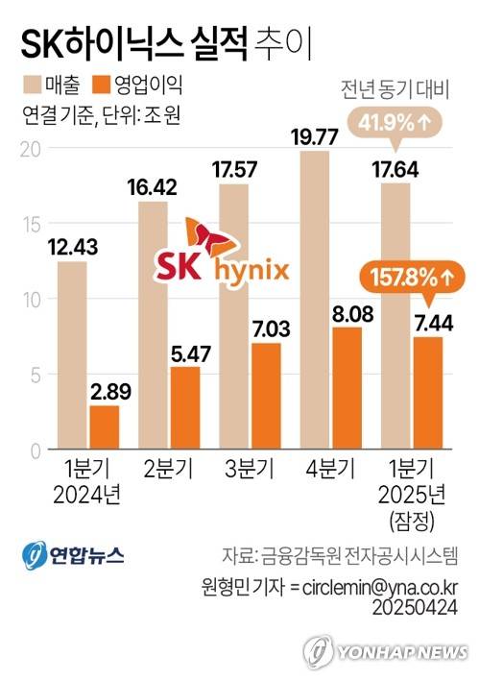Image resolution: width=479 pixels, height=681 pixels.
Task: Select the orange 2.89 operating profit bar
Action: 104,427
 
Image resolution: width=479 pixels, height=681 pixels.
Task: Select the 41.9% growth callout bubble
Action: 395,123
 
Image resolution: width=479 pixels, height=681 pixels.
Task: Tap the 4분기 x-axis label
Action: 326,472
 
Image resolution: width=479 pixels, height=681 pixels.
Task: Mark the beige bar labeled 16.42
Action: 154,326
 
